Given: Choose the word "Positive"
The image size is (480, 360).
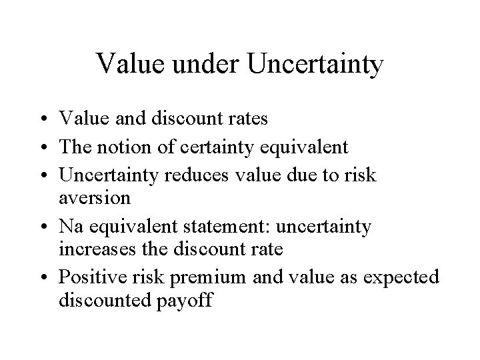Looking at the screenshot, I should [x=89, y=277].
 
